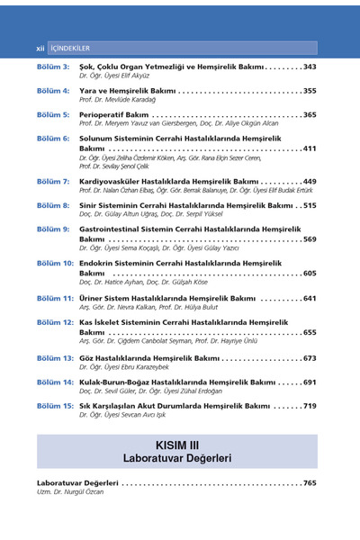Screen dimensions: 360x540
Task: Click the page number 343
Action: click(x=310, y=67)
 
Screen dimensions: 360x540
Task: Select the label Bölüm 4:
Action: click(x=53, y=91)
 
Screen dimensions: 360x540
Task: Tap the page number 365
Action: click(x=310, y=115)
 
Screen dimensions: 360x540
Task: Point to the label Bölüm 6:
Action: click(x=53, y=139)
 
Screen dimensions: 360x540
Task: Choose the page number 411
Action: click(x=310, y=148)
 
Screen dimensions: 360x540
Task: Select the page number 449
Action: click(x=310, y=181)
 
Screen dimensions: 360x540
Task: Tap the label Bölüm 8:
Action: click(x=53, y=205)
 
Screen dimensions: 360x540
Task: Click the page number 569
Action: click(x=310, y=239)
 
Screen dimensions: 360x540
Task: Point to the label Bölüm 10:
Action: click(x=55, y=263)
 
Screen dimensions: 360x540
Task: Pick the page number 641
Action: click(x=310, y=297)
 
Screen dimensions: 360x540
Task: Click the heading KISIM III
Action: click(x=180, y=444)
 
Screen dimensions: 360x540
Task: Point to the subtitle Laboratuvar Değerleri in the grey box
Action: click(x=180, y=458)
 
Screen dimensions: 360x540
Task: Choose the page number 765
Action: click(x=310, y=483)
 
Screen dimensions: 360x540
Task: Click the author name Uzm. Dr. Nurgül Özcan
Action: click(x=64, y=492)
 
